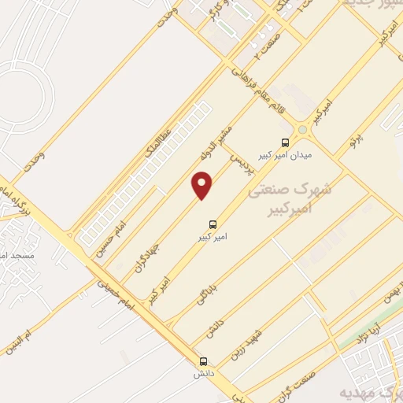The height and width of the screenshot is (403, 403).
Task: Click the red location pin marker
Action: click(202, 185)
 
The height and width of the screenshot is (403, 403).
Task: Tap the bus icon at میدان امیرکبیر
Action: click(284, 143)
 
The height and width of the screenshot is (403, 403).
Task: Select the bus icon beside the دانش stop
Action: click(204, 362)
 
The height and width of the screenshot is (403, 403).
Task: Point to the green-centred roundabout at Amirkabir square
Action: click(303, 129)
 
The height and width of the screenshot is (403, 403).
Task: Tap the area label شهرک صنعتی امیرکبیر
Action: click(290, 200)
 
